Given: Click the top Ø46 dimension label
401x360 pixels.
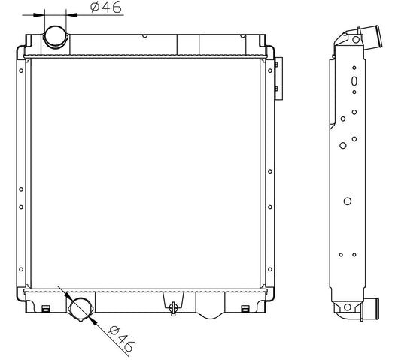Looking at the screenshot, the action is [x=106, y=8].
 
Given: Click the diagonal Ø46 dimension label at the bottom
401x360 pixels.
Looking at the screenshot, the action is [x=121, y=338].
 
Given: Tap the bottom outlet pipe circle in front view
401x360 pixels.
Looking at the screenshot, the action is [x=81, y=309].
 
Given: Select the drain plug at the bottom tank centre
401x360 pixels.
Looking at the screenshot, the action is [x=173, y=309].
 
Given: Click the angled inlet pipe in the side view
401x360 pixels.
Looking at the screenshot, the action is [x=370, y=38].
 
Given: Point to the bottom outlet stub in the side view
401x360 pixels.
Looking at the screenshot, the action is [x=370, y=308].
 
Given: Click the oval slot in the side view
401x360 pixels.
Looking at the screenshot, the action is [x=354, y=80].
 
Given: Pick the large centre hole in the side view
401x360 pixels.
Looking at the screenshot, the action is [x=348, y=201].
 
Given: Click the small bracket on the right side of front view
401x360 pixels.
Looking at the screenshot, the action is [x=278, y=79].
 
